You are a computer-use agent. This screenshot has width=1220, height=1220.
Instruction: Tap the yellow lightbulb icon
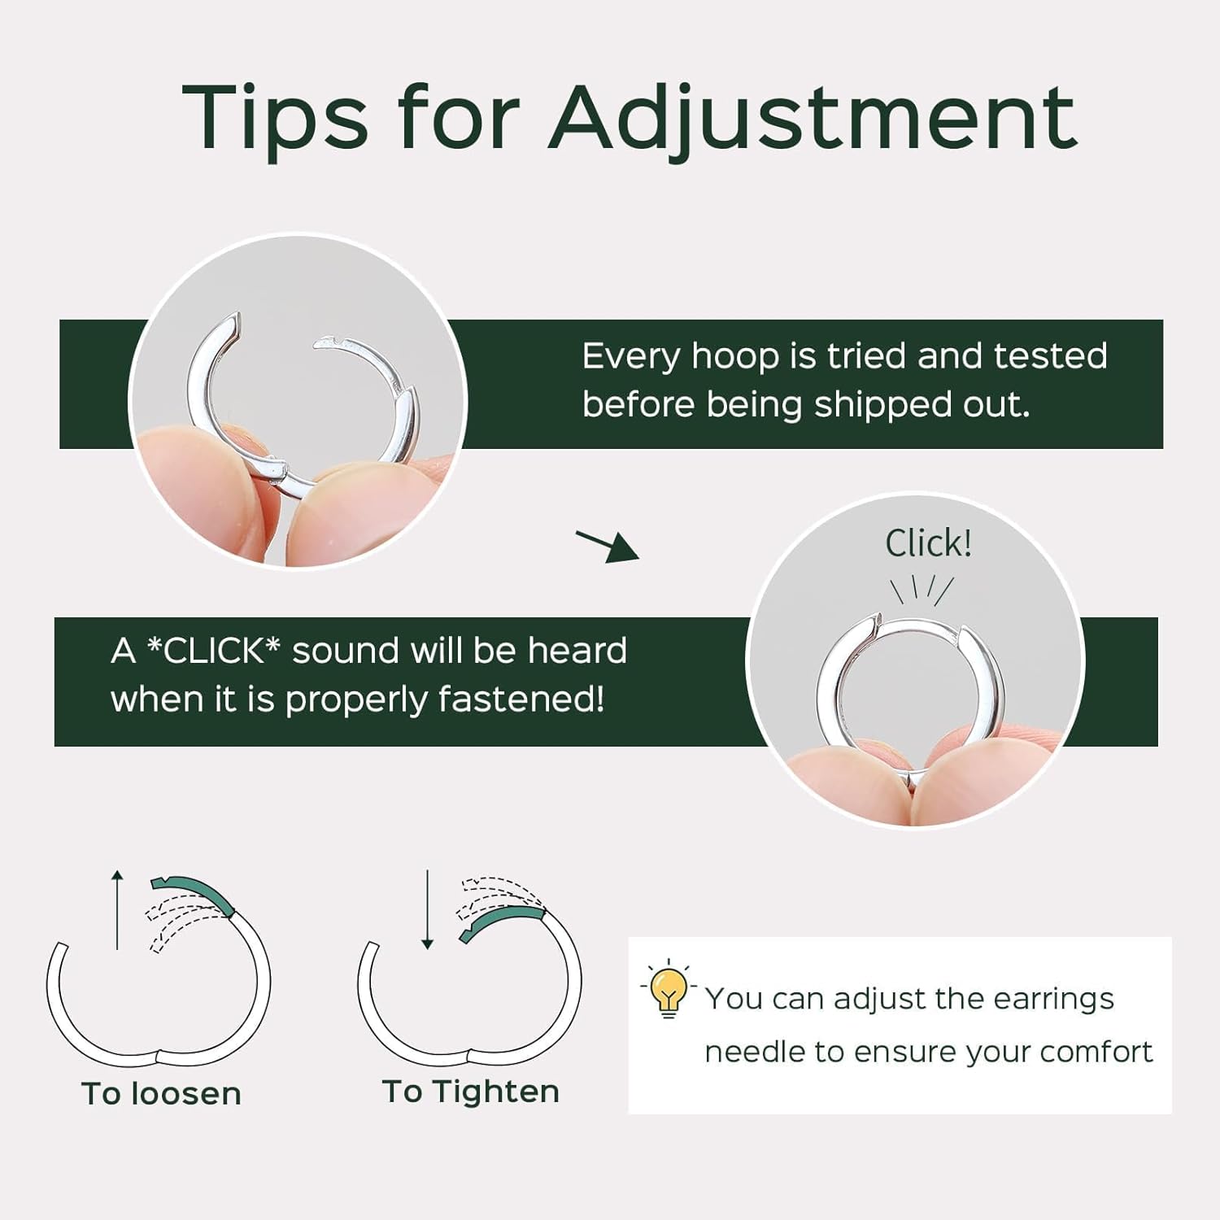click(669, 989)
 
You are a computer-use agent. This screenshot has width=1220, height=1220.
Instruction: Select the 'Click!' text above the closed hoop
click(928, 543)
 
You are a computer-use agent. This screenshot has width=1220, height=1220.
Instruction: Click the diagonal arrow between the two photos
click(608, 545)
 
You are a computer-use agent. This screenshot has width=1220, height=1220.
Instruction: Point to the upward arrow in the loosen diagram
click(117, 909)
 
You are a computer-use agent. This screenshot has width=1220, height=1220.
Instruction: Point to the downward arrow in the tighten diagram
click(427, 909)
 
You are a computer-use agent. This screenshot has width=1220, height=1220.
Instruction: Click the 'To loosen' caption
click(161, 1094)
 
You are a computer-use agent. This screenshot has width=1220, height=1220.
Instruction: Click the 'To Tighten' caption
click(471, 1091)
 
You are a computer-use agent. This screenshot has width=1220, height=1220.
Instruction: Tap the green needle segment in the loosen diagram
click(195, 892)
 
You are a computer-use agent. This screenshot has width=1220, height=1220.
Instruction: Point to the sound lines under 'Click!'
click(922, 589)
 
